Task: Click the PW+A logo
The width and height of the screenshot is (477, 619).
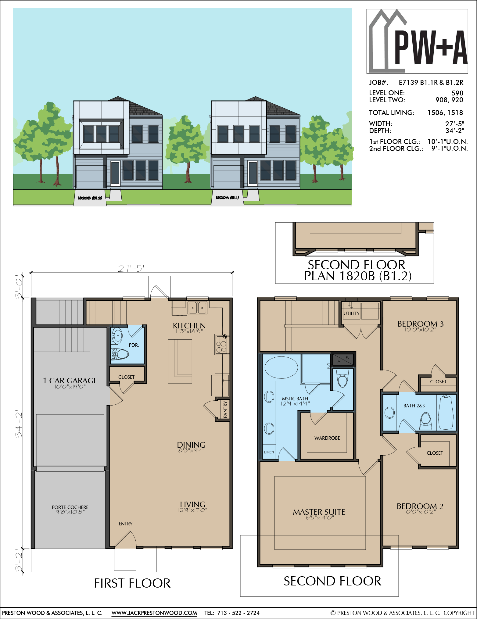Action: (417, 41)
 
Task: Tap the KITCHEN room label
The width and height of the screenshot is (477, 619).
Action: (189, 326)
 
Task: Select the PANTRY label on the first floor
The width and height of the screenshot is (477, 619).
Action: (225, 409)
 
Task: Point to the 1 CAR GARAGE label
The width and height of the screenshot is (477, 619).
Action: (70, 381)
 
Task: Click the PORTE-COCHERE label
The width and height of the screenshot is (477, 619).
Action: (70, 507)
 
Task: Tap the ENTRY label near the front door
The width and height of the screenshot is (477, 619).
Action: (125, 524)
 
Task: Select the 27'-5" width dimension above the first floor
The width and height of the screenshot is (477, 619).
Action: (131, 268)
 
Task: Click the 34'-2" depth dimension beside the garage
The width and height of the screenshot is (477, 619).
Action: (19, 423)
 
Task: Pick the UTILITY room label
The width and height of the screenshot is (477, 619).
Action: (351, 313)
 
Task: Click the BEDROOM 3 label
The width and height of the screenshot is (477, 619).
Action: (420, 324)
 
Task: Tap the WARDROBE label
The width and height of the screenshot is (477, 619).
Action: (327, 438)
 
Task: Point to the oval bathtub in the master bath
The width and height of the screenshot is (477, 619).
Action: (281, 367)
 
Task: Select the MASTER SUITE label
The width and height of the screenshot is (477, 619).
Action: (319, 512)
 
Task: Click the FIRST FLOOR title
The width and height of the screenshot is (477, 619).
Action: (132, 583)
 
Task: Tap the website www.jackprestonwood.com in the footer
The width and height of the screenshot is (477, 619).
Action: (154, 613)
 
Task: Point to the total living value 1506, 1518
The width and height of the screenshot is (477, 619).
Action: (445, 113)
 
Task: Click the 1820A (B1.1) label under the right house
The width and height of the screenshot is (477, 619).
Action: (227, 198)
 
